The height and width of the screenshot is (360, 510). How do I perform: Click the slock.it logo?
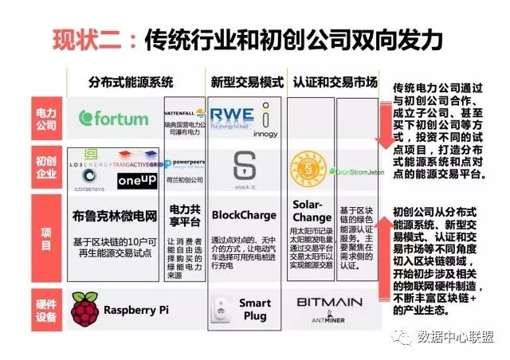[244, 167]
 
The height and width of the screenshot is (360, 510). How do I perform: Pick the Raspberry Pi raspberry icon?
[83, 307]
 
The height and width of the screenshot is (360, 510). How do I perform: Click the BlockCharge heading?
[244, 215]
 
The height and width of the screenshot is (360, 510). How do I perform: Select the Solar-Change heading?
[312, 211]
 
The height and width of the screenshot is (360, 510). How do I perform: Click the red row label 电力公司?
[45, 119]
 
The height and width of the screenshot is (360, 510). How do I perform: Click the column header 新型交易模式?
[246, 82]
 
